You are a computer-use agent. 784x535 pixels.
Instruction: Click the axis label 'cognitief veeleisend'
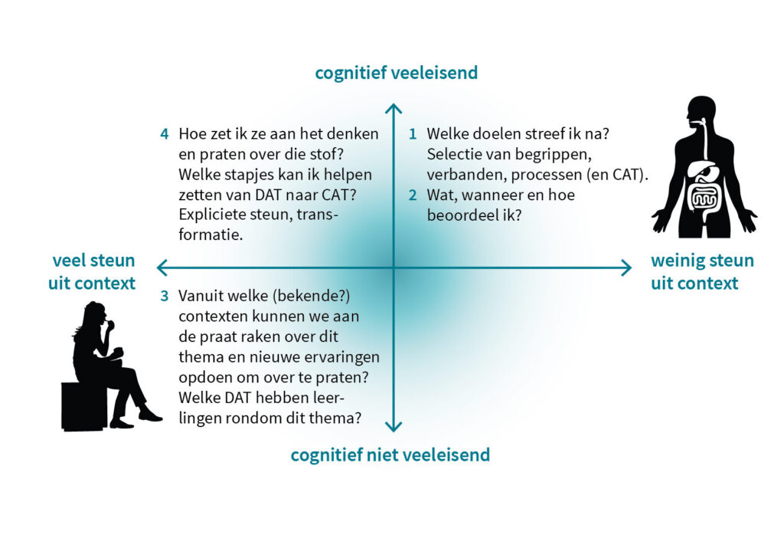point(396,73)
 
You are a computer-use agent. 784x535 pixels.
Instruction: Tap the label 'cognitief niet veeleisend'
point(390,455)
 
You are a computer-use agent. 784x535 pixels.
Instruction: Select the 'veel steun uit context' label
point(92,272)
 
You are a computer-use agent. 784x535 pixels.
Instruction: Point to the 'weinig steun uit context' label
point(702,272)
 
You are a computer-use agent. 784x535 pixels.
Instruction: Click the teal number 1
point(413,134)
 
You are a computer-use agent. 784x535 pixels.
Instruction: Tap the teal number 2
point(413,195)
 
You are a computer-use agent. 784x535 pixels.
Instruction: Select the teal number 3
point(164,297)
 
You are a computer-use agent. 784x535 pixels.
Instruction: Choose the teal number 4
point(164,134)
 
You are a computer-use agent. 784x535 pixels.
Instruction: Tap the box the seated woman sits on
point(84,406)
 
